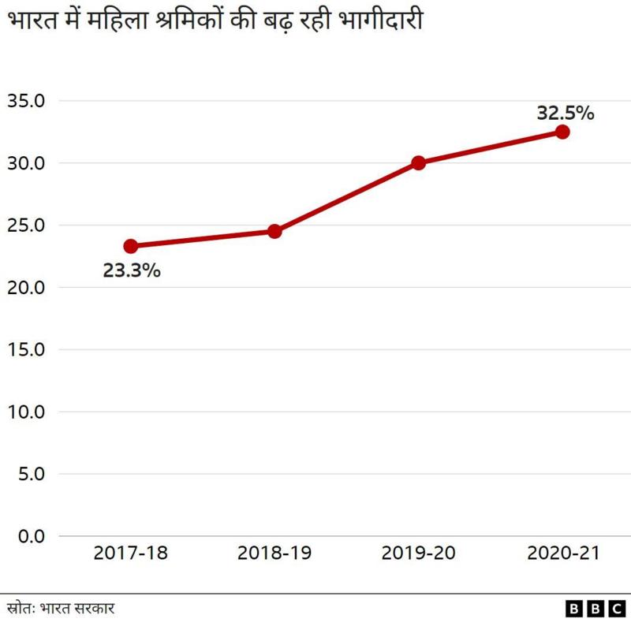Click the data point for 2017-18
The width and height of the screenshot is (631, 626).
click(131, 246)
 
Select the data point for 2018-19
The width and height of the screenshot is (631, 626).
click(274, 231)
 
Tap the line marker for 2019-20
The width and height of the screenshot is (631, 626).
click(418, 163)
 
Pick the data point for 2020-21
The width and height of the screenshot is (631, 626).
click(562, 132)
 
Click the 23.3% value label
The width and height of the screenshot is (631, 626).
click(132, 271)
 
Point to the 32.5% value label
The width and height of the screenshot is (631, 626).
click(565, 114)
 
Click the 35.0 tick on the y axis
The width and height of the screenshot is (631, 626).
click(26, 101)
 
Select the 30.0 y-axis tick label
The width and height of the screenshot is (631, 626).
click(26, 163)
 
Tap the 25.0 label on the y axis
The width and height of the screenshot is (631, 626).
click(26, 225)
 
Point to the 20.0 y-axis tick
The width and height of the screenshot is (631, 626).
click(26, 288)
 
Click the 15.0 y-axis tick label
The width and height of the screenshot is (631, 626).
click(26, 349)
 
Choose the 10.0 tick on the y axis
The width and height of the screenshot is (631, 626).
click(26, 412)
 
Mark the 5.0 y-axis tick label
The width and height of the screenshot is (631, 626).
click(30, 474)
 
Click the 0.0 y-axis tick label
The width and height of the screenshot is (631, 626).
click(30, 536)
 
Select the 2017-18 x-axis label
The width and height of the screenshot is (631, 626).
click(131, 553)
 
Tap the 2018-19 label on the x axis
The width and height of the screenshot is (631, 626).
click(274, 553)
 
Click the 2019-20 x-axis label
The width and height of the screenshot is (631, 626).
click(418, 553)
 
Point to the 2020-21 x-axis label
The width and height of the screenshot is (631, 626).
click(562, 553)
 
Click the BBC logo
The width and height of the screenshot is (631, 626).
click(595, 609)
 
